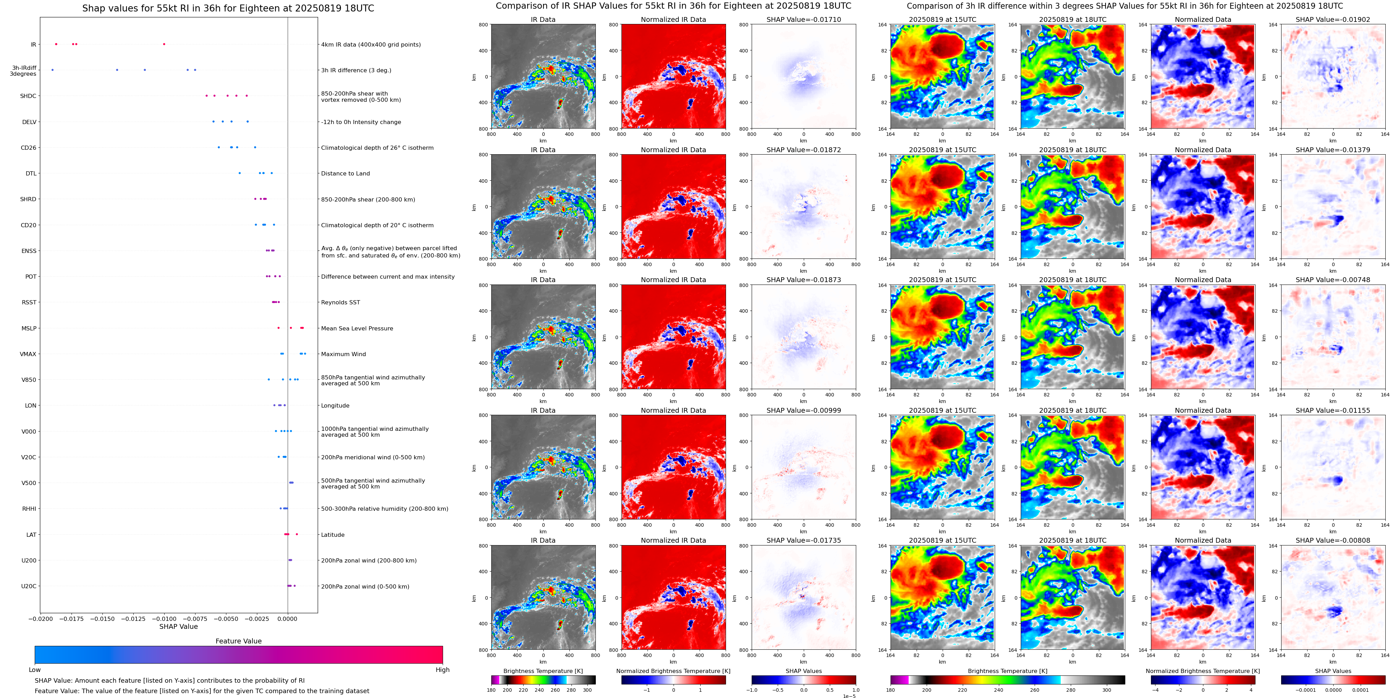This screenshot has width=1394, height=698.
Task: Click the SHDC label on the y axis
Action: (x=28, y=96)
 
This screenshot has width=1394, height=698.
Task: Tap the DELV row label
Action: (x=29, y=122)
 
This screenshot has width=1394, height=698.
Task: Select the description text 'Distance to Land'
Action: (x=345, y=173)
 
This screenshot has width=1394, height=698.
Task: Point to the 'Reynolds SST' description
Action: (x=340, y=302)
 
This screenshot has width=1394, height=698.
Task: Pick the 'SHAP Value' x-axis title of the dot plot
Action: (x=178, y=626)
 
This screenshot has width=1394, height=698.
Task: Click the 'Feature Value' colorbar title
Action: (x=238, y=641)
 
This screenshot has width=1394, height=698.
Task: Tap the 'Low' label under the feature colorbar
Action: (x=35, y=670)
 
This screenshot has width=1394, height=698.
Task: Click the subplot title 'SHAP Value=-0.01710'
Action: (x=804, y=19)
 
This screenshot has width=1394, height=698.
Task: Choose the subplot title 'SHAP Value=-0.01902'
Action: (x=1333, y=19)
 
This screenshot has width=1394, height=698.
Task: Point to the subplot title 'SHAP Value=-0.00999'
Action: (x=804, y=410)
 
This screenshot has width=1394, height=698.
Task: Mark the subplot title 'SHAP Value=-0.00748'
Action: (x=1333, y=280)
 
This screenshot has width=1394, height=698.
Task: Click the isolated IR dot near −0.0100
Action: (x=164, y=44)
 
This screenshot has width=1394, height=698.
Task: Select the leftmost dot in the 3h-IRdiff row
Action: (x=52, y=70)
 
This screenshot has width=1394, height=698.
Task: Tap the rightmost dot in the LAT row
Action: (x=297, y=534)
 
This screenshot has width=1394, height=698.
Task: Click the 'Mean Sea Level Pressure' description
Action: (x=357, y=328)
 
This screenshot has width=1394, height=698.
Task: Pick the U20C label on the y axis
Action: (x=29, y=586)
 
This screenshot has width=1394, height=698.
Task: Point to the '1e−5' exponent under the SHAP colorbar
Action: (x=849, y=696)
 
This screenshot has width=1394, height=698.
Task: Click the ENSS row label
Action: (x=29, y=251)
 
